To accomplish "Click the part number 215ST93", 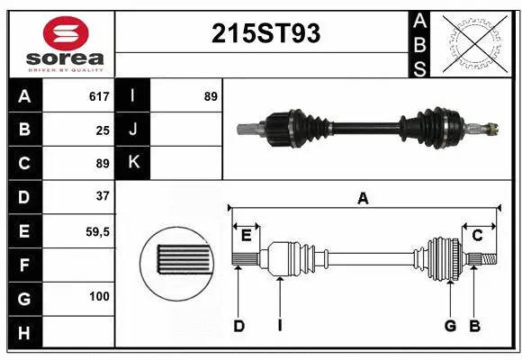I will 265,33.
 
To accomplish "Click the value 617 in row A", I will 98,95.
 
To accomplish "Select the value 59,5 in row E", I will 97,231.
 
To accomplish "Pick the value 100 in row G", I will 98,296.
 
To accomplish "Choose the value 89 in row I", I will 210,95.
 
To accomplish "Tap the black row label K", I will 134,163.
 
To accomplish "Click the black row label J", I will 134,130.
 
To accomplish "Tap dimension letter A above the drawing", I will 363,199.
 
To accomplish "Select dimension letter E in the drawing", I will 246,236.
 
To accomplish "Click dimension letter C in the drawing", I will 478,236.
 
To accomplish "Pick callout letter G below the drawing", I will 450,326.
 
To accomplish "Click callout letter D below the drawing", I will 239,326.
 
